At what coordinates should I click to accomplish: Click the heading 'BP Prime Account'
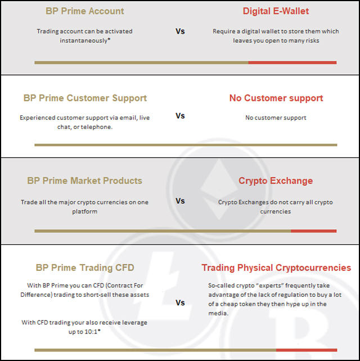point(85,11)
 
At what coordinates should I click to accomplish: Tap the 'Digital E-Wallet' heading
point(276,11)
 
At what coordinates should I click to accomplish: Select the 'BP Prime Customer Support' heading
point(85,98)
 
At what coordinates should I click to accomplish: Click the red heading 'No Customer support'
point(276,98)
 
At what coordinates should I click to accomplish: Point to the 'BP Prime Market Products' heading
point(85,181)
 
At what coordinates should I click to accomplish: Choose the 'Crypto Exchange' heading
point(276,181)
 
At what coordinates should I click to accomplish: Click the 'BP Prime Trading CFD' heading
point(85,268)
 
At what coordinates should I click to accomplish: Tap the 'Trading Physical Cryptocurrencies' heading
point(276,268)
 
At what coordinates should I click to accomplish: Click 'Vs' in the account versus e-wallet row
point(180,32)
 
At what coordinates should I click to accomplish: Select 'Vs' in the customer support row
point(180,116)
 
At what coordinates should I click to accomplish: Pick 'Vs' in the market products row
point(180,201)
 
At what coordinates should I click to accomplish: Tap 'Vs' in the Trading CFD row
point(180,303)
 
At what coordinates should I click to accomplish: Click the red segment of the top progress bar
point(292,63)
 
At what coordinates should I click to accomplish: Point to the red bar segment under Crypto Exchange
point(313,231)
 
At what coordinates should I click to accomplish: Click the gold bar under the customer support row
point(186,145)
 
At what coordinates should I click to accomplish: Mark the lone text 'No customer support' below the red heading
point(276,118)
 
